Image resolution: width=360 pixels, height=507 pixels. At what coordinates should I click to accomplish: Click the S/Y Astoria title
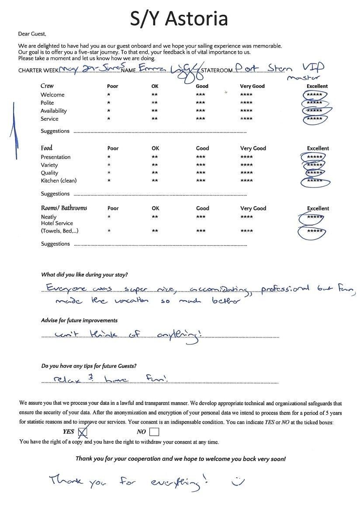180,19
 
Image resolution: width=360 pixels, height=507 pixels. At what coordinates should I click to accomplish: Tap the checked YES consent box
82,432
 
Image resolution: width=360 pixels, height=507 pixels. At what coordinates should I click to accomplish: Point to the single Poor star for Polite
108,103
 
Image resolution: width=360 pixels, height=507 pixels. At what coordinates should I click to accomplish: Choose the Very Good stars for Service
246,119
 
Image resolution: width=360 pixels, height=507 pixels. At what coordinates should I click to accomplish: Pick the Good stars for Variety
201,165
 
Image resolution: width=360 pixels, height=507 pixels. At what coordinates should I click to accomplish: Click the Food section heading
47,148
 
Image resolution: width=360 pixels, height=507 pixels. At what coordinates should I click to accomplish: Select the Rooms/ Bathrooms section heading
64,208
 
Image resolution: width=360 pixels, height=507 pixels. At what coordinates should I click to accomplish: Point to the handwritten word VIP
313,68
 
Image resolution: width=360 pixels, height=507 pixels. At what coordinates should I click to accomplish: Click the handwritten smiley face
238,481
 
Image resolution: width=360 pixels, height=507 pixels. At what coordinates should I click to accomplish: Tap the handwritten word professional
285,289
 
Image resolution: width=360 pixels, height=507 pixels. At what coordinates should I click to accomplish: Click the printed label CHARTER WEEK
38,71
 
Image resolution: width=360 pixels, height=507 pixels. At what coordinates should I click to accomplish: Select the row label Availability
54,111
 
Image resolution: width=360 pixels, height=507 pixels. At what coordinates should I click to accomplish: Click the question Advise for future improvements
79,320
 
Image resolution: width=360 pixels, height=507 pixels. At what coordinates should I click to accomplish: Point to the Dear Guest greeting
32,34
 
